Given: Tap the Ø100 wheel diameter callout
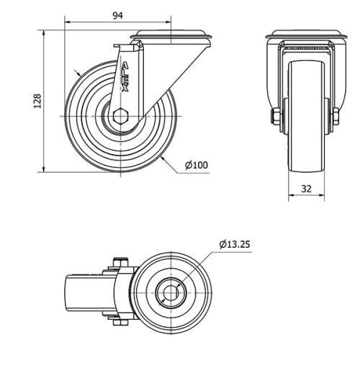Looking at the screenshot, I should (196, 165).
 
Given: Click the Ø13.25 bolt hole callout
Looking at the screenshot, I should (234, 244).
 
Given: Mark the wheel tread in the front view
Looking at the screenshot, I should (306, 115).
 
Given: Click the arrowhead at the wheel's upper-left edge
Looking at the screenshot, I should (77, 73).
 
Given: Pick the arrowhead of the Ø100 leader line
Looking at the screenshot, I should (164, 156).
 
